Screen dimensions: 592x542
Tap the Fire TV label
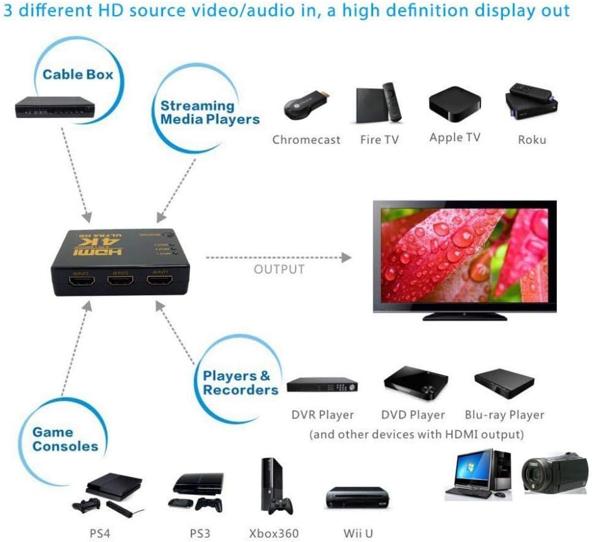379,139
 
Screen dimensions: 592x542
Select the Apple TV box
455,103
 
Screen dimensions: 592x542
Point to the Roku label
532,139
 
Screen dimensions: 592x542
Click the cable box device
53,107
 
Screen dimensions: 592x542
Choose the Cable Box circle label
78,75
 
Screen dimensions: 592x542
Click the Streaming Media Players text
210,112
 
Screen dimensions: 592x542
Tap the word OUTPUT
279,269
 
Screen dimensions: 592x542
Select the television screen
464,254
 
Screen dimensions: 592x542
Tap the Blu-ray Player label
504,415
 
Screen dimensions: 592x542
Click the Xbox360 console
273,489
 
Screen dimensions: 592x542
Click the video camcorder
554,473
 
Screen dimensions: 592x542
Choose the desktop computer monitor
473,466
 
